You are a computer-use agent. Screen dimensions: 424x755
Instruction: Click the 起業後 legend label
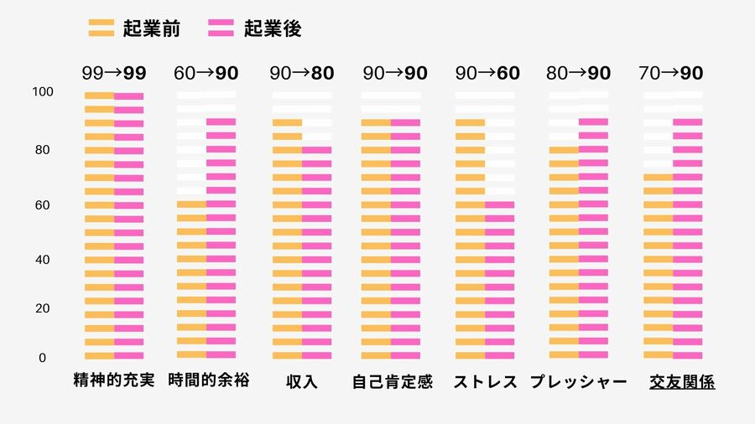click(x=273, y=28)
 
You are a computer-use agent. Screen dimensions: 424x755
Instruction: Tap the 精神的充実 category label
click(x=114, y=381)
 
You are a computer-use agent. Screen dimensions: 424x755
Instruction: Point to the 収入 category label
click(x=302, y=382)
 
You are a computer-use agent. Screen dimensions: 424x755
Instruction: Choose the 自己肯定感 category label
click(x=393, y=382)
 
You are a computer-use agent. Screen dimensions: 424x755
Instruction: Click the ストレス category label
click(x=486, y=382)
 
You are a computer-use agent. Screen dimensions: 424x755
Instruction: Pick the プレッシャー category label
click(x=579, y=382)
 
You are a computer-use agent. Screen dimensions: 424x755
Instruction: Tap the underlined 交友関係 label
click(x=682, y=382)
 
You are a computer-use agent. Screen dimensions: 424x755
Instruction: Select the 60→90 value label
click(x=206, y=74)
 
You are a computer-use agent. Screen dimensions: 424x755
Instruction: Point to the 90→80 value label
click(x=302, y=74)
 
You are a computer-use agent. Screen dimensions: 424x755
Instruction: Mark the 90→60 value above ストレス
click(x=487, y=74)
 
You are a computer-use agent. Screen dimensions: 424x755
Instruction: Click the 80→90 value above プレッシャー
click(x=579, y=74)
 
